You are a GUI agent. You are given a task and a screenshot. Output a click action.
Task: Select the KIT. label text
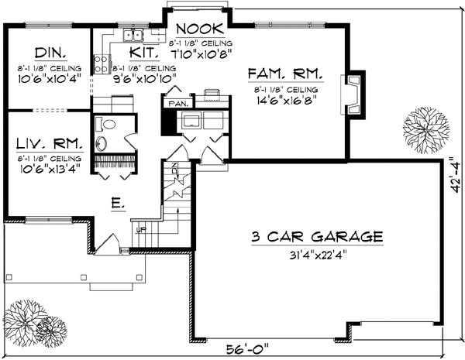click(x=144, y=53)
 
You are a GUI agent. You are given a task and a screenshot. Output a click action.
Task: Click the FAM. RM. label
click(x=283, y=74)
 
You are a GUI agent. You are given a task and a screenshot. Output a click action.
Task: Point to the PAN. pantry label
click(x=175, y=101)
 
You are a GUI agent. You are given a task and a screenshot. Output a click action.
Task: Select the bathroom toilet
click(x=108, y=124)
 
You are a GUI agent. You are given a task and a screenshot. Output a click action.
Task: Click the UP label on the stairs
click(x=141, y=230)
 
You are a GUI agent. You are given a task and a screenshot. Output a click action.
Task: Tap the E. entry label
click(x=115, y=204)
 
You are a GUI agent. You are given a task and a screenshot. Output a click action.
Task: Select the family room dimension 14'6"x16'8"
click(x=284, y=100)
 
